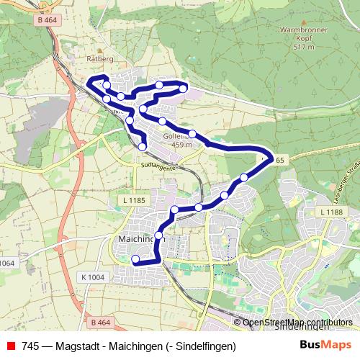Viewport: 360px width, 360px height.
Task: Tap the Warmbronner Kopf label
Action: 305,35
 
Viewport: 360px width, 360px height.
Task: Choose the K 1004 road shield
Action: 92,277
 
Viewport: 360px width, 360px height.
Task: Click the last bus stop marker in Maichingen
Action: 135,259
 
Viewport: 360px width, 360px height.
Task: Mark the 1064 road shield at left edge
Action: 7,263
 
